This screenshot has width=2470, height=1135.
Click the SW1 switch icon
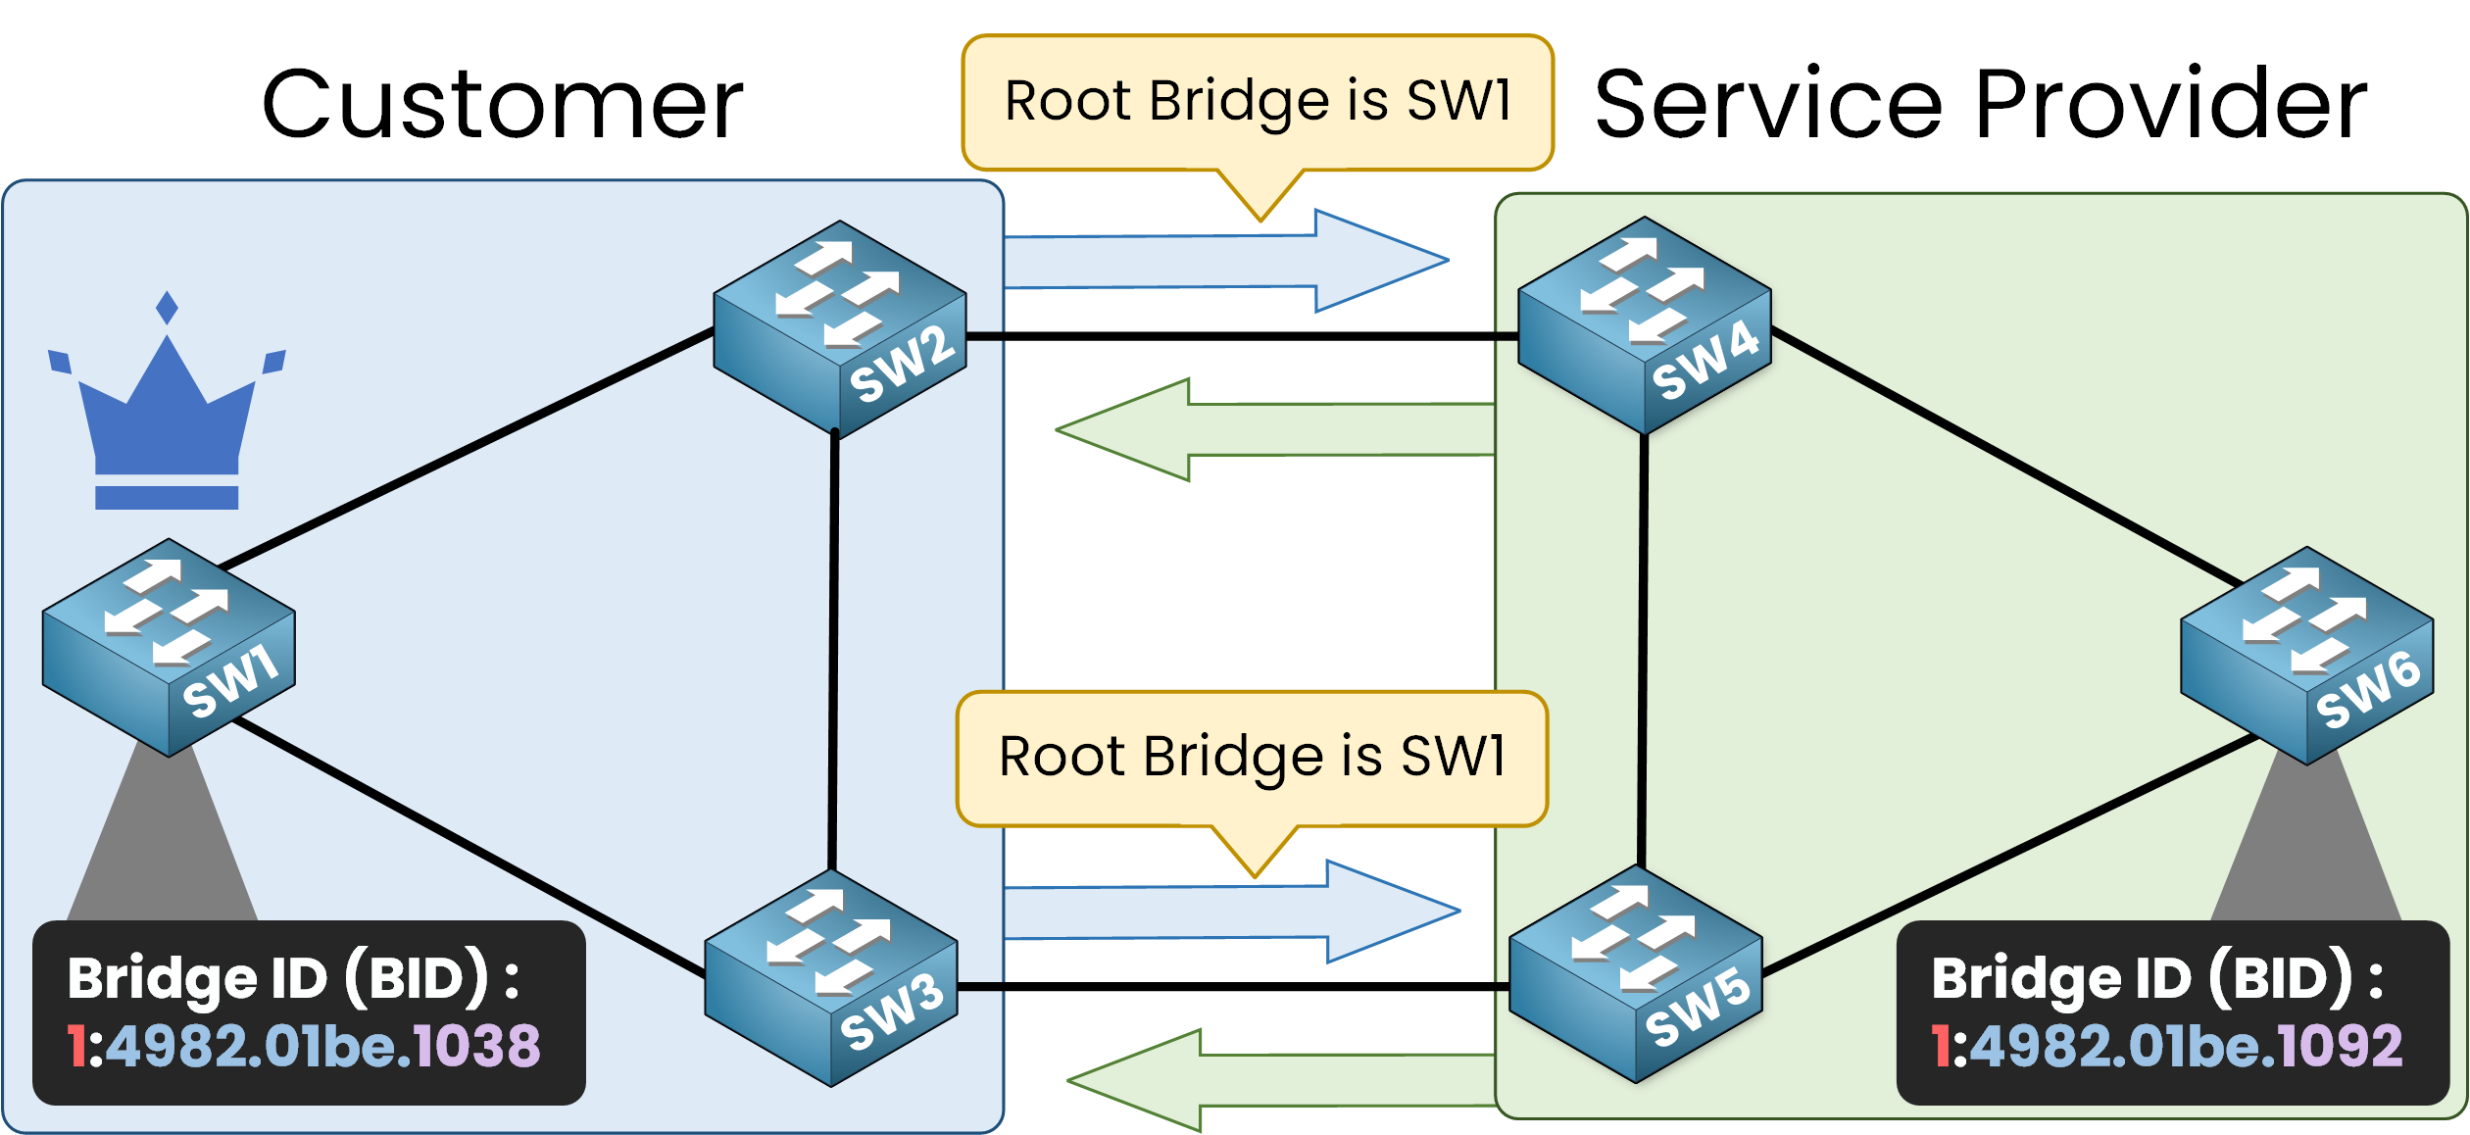pos(169,647)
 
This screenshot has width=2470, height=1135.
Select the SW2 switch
pos(840,329)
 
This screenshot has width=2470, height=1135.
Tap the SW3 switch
pos(831,978)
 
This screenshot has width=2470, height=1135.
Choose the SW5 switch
pos(1636,974)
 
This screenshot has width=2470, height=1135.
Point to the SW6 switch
pos(2307,655)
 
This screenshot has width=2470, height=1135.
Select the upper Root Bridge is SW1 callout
pos(1259,102)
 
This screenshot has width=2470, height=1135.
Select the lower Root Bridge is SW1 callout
pos(1253,758)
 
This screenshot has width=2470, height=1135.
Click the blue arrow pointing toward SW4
pos(1225,262)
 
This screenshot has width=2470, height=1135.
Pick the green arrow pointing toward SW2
pos(1274,429)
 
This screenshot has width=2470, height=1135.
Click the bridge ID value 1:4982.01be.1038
pos(304,1046)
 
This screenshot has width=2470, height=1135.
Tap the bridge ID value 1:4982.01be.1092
pos(2167,1046)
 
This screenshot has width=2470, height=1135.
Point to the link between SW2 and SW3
pos(834,652)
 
